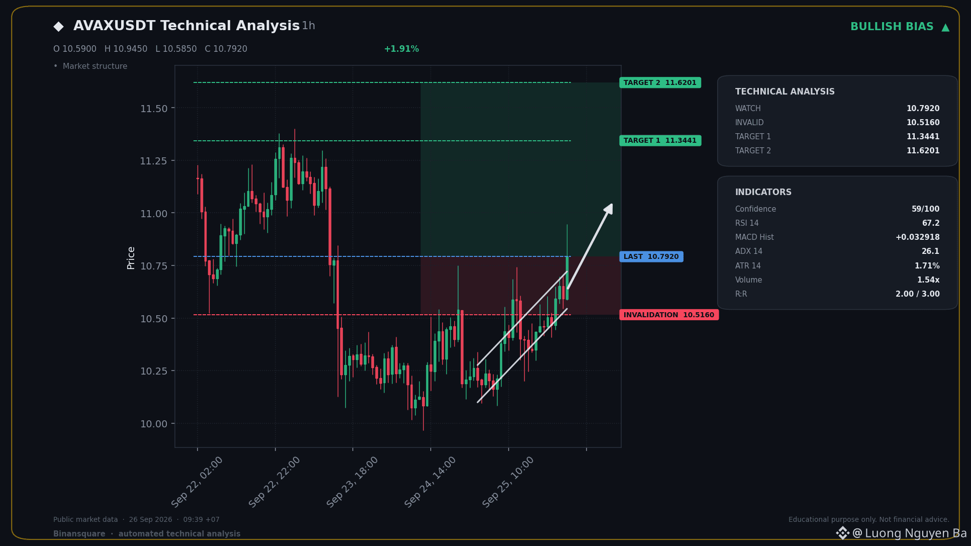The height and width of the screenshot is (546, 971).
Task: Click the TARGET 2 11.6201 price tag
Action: (660, 82)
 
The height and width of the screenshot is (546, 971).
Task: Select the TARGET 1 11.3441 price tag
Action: (660, 140)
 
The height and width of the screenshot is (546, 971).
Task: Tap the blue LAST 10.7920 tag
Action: (651, 256)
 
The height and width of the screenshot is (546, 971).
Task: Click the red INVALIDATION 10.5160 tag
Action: (669, 315)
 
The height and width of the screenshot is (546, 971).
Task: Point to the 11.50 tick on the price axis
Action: (154, 109)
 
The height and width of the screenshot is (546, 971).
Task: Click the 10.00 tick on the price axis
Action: (154, 424)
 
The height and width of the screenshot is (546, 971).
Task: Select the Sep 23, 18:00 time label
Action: (352, 482)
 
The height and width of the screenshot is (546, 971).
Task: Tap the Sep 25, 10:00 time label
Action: (508, 482)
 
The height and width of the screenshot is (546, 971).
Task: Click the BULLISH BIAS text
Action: (892, 27)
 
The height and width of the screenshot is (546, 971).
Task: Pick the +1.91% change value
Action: (401, 49)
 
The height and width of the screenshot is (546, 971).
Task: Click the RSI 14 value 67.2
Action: (931, 223)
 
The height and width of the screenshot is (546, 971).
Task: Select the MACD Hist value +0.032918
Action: (917, 237)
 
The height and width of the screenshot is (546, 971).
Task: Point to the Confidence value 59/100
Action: (925, 209)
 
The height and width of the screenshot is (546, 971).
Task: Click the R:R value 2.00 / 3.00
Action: (917, 294)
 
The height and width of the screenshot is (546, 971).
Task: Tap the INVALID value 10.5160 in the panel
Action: (923, 122)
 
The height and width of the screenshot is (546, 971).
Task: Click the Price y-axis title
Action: (131, 258)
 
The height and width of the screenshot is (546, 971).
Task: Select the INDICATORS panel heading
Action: (763, 192)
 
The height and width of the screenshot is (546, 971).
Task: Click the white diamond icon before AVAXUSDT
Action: (59, 26)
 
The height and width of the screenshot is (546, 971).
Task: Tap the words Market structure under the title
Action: (95, 66)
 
